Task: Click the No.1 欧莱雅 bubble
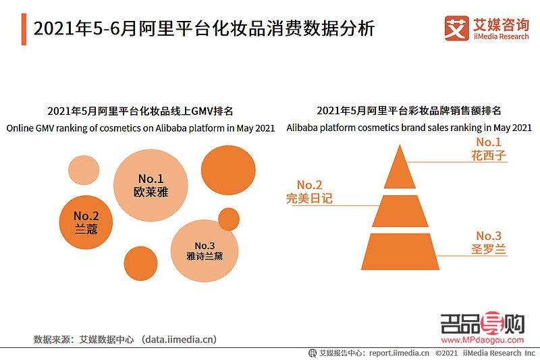coord(151,185)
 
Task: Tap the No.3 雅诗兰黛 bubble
coord(204,251)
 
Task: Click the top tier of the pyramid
coord(400,169)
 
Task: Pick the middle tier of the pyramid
coord(400,211)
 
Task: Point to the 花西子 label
coord(489,155)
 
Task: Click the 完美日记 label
coord(309,199)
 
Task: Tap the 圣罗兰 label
coord(489,249)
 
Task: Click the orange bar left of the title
coord(24,30)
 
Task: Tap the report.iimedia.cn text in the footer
coord(398,353)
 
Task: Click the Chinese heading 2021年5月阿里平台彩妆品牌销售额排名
coord(409,111)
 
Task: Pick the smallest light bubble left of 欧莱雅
coord(84,171)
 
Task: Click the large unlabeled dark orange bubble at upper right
coord(228,170)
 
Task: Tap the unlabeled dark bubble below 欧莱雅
coord(140,263)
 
